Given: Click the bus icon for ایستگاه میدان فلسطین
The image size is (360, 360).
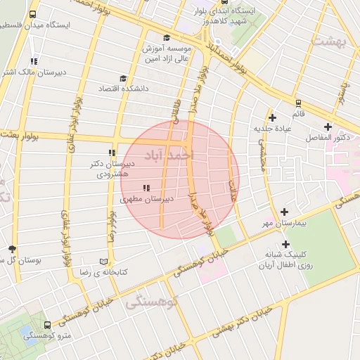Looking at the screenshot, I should click(x=34, y=14).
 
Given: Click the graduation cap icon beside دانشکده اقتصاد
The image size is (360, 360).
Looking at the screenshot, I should click(x=124, y=79).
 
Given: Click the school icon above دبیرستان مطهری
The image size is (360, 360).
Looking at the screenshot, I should click(x=146, y=187).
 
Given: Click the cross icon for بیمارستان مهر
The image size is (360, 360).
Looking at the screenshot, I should click(x=284, y=212).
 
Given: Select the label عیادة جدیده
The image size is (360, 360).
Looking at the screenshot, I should click(x=273, y=128).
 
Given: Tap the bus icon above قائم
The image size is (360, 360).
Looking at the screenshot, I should click(x=298, y=103).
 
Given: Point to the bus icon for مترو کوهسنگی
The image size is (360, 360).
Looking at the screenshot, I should click(x=47, y=326).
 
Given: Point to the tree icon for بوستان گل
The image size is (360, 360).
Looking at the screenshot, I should click(x=11, y=249).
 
